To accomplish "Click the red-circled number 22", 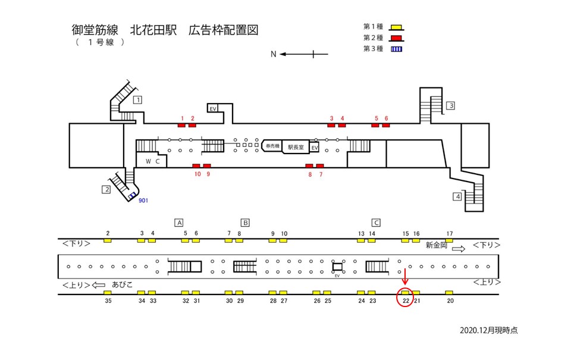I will pos(405,300).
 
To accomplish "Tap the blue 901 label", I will pos(143,201).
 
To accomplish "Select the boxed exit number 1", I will pos(137,99).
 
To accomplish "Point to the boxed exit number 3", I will pos(451,106).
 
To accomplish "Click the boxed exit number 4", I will pos(457,196).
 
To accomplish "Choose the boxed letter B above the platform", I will pos(244,223).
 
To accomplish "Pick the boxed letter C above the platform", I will pos(376,223).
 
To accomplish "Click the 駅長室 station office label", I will pos(296,146).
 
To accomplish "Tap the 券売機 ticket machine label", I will pos(272,146).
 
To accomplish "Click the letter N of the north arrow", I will pos(274,54).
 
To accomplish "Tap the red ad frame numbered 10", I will pos(196,165).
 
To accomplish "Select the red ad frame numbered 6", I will pos(385,125).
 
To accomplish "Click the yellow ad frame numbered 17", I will pos(449,240).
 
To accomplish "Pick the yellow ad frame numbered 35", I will pos(108,293).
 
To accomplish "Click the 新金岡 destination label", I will pos(438,245).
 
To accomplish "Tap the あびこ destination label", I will pos(121,284).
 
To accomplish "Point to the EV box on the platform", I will pos(337,267).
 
